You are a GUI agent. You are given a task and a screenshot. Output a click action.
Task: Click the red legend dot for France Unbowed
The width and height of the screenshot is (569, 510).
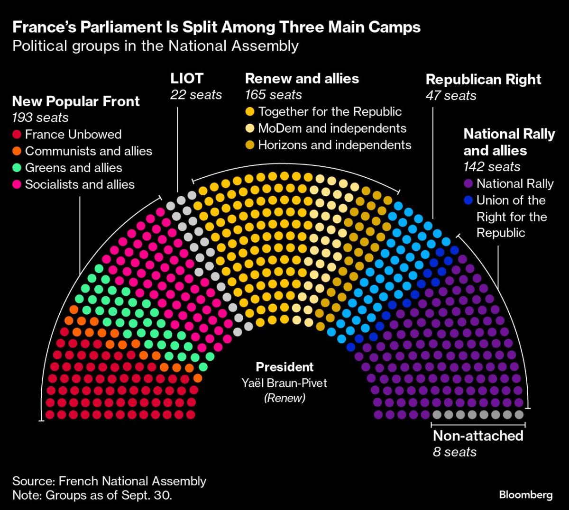coord(17,135)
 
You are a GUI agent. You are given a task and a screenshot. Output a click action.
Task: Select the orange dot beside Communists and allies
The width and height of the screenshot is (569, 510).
coord(17,151)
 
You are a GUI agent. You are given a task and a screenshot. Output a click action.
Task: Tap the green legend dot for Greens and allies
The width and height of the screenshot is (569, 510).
coord(17,168)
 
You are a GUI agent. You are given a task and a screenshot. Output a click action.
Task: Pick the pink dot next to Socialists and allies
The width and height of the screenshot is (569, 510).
coord(17,184)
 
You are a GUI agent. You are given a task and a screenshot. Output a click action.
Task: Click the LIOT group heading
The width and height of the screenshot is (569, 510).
coord(187,79)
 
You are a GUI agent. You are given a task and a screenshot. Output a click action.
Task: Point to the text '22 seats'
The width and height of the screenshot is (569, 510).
coord(196,95)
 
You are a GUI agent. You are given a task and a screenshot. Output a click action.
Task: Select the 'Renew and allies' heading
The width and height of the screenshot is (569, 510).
coord(302,79)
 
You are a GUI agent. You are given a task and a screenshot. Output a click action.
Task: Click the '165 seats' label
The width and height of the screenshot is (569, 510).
coord(273,95)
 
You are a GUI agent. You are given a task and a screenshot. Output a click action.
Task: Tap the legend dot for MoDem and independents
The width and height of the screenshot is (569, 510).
coord(250,128)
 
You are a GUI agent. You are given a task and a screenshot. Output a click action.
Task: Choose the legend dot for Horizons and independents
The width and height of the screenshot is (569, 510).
coord(250,145)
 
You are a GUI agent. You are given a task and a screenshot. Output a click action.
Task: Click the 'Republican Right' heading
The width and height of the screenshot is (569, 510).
coord(483,79)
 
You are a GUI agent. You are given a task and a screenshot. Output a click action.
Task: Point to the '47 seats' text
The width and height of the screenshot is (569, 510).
coord(450,96)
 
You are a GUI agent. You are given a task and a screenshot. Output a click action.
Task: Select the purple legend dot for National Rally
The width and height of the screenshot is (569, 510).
coord(468,184)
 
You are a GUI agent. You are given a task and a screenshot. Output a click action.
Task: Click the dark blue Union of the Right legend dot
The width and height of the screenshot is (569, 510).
coord(468,200)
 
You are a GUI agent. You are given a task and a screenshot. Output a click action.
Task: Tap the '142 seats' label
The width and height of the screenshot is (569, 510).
coord(492,167)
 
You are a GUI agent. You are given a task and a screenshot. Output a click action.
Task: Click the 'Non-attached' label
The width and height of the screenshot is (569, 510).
coord(478,436)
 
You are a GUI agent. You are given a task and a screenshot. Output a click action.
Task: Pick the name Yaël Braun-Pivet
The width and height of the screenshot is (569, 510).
coord(284,382)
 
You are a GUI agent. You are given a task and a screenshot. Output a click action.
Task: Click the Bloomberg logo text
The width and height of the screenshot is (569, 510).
coord(526,495)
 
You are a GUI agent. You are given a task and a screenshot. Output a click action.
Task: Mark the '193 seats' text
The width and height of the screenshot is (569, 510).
coord(40,118)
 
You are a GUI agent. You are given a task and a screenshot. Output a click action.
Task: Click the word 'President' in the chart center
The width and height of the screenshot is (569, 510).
coord(284,367)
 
